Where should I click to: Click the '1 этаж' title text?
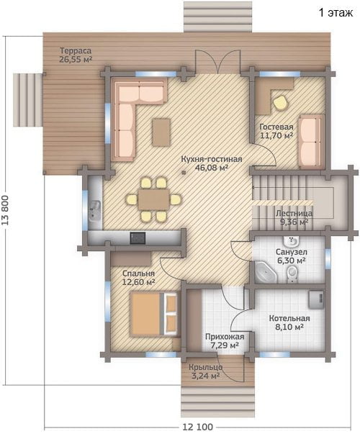336,13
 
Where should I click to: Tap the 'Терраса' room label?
76,51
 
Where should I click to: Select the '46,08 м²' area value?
212,168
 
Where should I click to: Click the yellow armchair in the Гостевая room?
281,103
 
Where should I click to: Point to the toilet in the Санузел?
292,274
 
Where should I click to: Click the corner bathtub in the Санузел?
266,272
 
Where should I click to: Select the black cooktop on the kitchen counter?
138,238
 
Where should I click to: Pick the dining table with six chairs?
154,199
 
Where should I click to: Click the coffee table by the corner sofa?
161,132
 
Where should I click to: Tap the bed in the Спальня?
154,314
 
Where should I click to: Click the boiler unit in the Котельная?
316,299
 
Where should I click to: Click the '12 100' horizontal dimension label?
198,426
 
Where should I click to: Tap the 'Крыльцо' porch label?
205,368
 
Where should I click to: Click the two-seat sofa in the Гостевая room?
311,142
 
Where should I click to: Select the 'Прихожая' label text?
225,337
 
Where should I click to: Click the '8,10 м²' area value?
289,327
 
